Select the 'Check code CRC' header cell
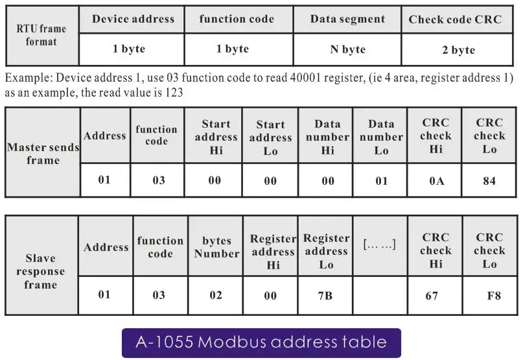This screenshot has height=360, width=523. pyautogui.click(x=455, y=19)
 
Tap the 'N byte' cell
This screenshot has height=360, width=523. pyautogui.click(x=347, y=49)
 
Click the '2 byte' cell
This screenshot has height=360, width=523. pyautogui.click(x=455, y=50)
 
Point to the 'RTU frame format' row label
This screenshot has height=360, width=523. pyautogui.click(x=41, y=35)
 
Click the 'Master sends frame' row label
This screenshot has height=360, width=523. pyautogui.click(x=43, y=153)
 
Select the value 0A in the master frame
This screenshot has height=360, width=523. pyautogui.click(x=436, y=181)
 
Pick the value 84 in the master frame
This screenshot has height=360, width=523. pyautogui.click(x=489, y=181)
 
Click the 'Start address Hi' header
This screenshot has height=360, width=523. pyautogui.click(x=216, y=137)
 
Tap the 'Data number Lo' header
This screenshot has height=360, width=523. pyautogui.click(x=381, y=137)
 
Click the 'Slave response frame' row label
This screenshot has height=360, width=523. pyautogui.click(x=40, y=272)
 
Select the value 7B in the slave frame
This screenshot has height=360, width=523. pyautogui.click(x=325, y=295)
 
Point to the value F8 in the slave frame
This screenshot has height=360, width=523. pyautogui.click(x=494, y=296)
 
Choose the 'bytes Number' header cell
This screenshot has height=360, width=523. pyautogui.click(x=216, y=247)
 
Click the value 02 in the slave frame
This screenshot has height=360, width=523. pyautogui.click(x=215, y=295)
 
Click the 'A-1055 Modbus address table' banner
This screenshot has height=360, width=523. pyautogui.click(x=261, y=342)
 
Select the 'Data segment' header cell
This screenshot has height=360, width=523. pyautogui.click(x=347, y=19)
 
